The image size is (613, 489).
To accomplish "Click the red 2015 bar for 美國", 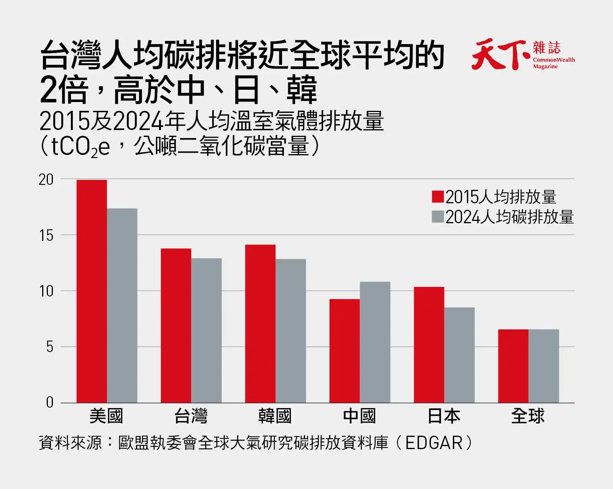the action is pyautogui.click(x=92, y=291).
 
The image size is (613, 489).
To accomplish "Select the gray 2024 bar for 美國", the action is pyautogui.click(x=122, y=305).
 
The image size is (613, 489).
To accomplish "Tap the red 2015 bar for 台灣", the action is pyautogui.click(x=176, y=326).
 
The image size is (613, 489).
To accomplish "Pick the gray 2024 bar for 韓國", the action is pyautogui.click(x=291, y=331).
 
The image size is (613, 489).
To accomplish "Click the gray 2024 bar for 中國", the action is pyautogui.click(x=375, y=342).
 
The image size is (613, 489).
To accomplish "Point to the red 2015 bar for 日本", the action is pyautogui.click(x=429, y=345).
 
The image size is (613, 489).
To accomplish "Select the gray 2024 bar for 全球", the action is pyautogui.click(x=544, y=366).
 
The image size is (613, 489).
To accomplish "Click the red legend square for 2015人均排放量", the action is pyautogui.click(x=438, y=197).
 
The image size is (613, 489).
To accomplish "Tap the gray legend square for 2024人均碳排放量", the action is pyautogui.click(x=438, y=217).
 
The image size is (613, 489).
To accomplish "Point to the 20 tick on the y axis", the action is pyautogui.click(x=46, y=180).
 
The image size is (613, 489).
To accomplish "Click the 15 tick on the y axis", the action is pyautogui.click(x=46, y=236).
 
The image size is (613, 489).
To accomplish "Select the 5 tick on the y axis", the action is pyautogui.click(x=50, y=347).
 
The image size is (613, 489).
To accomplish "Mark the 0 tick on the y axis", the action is pyautogui.click(x=50, y=403).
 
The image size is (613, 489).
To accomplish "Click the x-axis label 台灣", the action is pyautogui.click(x=191, y=416).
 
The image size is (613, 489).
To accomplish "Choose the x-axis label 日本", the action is pyautogui.click(x=444, y=416).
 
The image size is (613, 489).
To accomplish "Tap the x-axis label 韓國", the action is pyautogui.click(x=275, y=416).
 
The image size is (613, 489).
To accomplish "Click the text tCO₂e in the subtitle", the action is pyautogui.click(x=80, y=147).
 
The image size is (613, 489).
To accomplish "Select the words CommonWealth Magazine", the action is pyautogui.click(x=554, y=63).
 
